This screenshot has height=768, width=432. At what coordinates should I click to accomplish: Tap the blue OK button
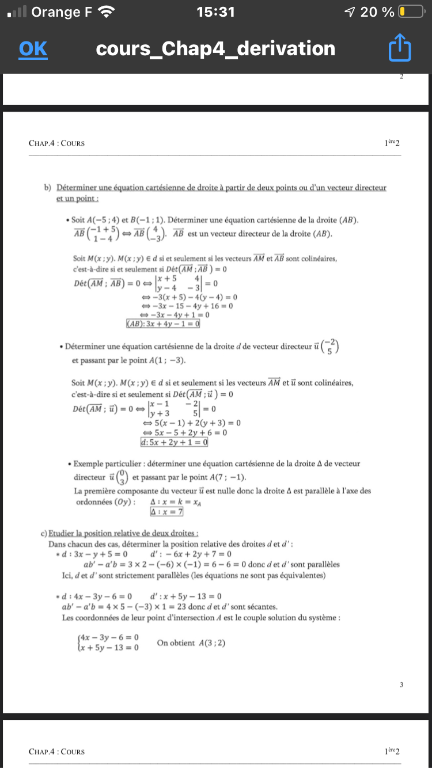tap(33, 49)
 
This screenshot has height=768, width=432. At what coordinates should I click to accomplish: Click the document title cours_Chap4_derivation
tap(215, 49)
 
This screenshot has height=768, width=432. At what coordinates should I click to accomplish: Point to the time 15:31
tap(215, 12)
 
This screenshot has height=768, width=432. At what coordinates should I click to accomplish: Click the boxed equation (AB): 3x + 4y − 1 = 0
tap(163, 324)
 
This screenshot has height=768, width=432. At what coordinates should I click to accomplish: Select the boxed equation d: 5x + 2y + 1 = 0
tap(174, 442)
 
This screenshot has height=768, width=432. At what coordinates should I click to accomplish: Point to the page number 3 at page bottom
tap(401, 685)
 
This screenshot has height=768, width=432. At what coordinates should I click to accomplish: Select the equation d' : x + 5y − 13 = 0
tap(186, 596)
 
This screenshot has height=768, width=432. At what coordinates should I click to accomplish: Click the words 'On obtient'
tap(176, 642)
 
